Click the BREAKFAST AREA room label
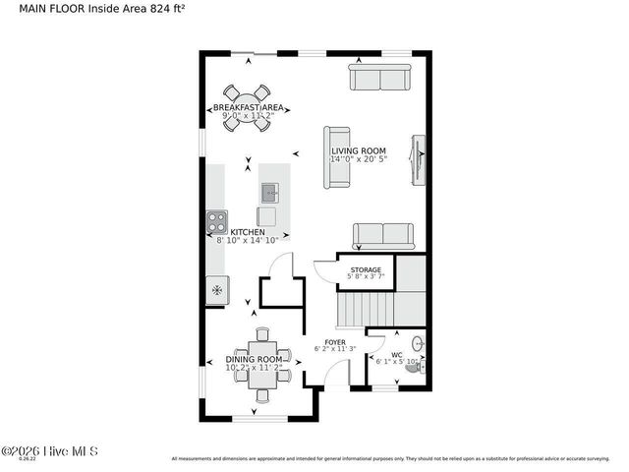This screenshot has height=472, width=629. click(x=249, y=107)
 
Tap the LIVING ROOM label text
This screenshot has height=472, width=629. click(x=358, y=150)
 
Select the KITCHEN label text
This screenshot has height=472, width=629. click(x=248, y=232)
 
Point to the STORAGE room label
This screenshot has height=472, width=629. click(x=367, y=269)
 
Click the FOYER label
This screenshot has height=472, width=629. click(x=335, y=342)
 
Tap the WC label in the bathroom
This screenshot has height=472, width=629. click(x=397, y=355)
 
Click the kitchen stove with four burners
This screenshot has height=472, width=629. click(x=216, y=219)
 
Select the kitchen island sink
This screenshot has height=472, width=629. click(x=270, y=191)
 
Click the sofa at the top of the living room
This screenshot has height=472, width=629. click(x=380, y=78)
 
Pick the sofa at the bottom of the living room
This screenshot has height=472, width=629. click(x=383, y=235)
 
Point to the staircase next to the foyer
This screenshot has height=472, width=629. click(x=365, y=313)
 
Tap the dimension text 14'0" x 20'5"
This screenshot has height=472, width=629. click(x=359, y=159)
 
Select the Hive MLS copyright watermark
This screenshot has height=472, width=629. click(x=50, y=451)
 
